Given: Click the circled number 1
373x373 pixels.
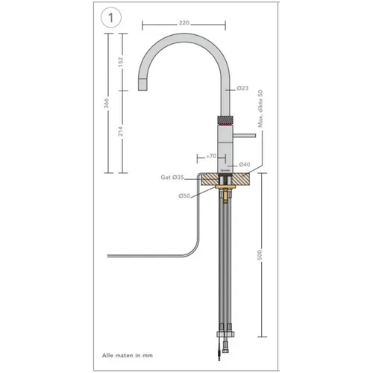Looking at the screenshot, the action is (111, 18).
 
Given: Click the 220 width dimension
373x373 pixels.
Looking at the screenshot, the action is (184, 23).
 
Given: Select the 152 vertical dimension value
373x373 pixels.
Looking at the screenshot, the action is (120, 62).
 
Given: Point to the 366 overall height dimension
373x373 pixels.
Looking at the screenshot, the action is (106, 103).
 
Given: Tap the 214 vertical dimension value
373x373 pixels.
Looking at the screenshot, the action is (120, 131).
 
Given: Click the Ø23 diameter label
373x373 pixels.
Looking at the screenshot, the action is (242, 88).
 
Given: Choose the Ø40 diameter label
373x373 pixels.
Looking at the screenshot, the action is (245, 164).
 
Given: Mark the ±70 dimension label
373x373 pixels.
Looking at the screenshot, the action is (211, 156).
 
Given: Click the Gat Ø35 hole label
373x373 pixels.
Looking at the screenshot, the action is (172, 178).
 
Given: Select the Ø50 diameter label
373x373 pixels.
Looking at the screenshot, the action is (184, 196).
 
